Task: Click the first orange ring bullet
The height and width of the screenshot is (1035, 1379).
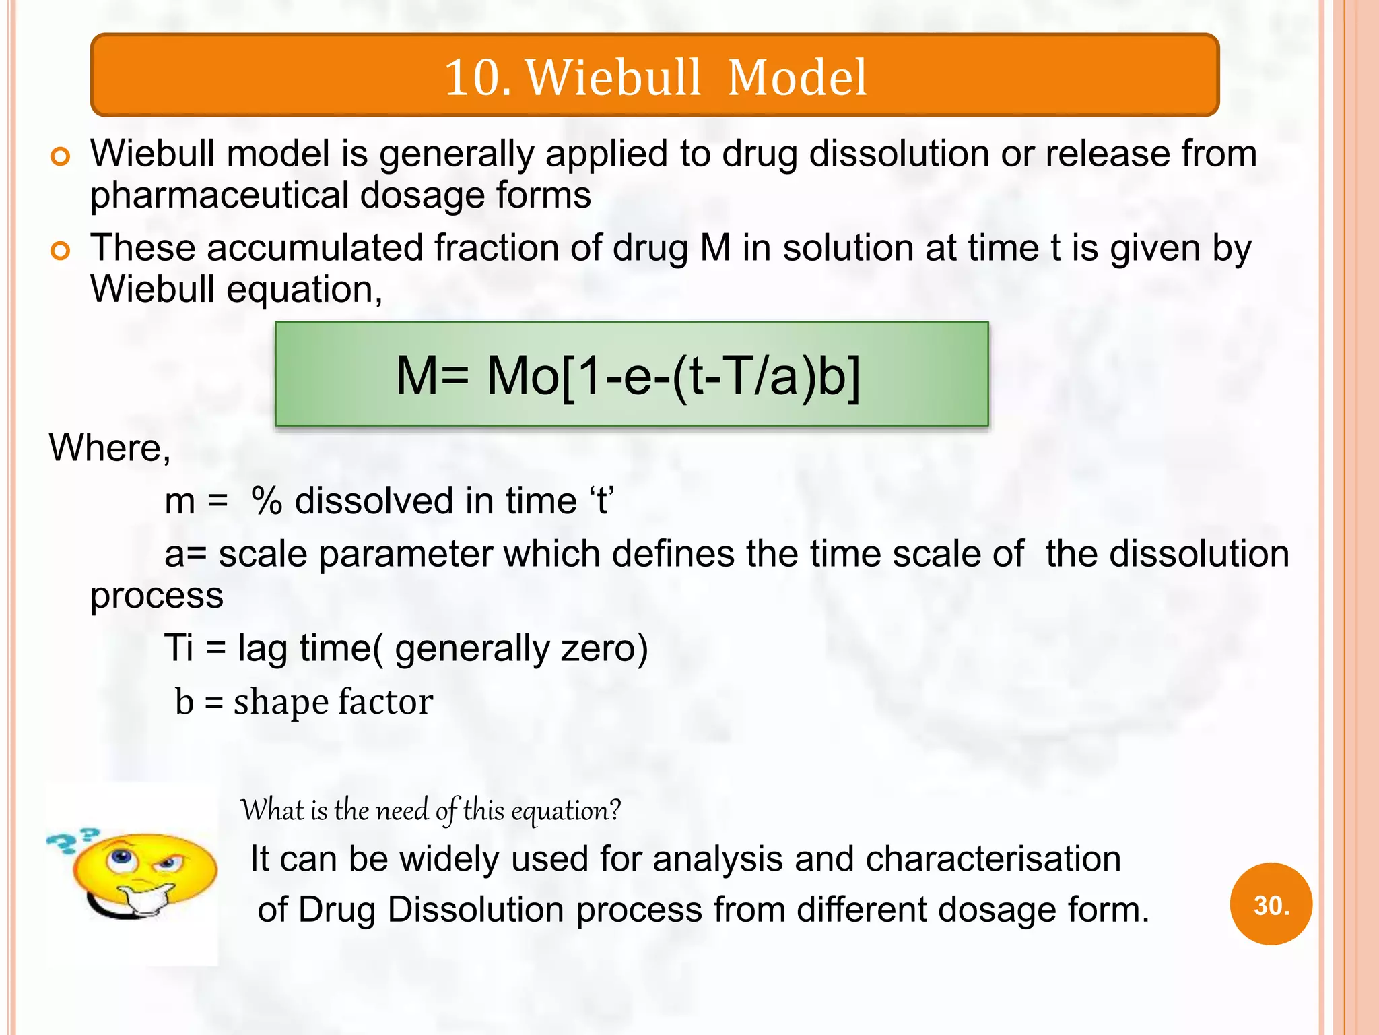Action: (60, 157)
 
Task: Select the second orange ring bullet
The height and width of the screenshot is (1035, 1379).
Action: (60, 251)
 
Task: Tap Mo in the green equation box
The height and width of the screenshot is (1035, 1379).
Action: (523, 375)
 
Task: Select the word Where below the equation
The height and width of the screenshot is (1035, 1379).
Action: (108, 448)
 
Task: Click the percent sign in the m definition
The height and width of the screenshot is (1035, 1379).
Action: (267, 502)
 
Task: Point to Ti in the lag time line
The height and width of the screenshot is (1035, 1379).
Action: (178, 648)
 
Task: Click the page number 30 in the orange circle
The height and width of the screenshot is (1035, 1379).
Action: (1270, 905)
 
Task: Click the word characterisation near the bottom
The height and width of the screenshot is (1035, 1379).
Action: (993, 859)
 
